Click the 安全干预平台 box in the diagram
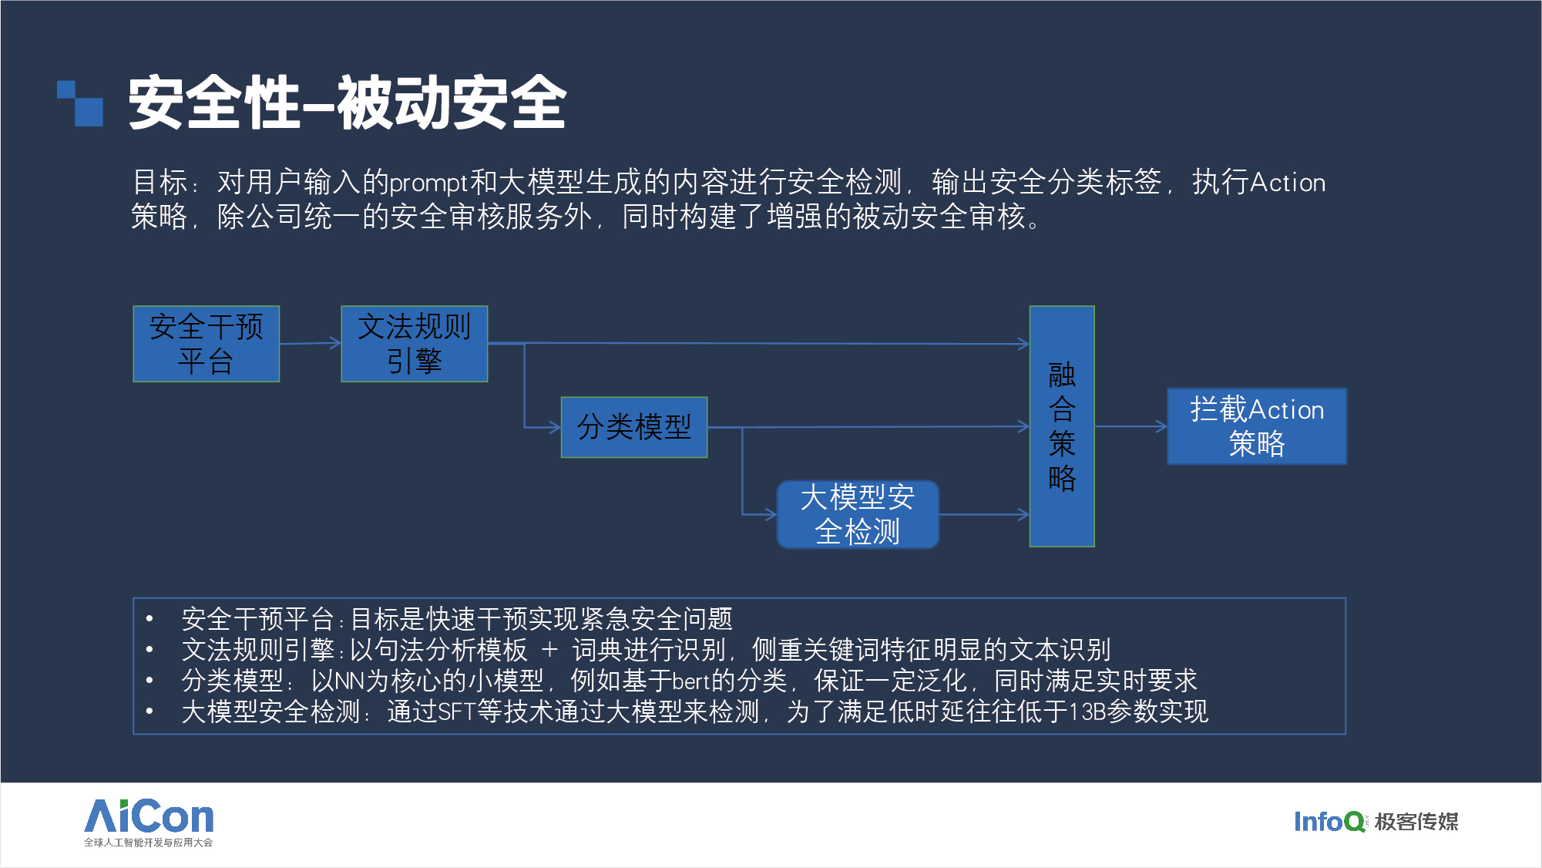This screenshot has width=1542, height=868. (x=206, y=344)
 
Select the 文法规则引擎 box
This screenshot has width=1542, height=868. (x=415, y=344)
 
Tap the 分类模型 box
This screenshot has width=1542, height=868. (x=634, y=427)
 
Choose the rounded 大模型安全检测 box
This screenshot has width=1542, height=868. (x=858, y=515)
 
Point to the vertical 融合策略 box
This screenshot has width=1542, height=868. (x=1062, y=426)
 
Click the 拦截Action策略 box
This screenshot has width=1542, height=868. (x=1257, y=426)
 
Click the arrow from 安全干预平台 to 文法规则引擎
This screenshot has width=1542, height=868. (x=310, y=343)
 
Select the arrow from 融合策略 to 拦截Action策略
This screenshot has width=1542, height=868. (x=1131, y=426)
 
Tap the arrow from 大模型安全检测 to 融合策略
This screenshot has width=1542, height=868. (x=984, y=514)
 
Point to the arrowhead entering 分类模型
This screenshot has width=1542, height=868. (x=556, y=427)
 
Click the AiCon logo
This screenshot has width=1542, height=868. (x=149, y=822)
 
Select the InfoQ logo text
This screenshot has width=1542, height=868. (x=1329, y=822)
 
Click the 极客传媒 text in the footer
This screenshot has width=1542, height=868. (x=1416, y=822)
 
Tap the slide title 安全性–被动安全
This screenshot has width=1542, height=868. (x=348, y=103)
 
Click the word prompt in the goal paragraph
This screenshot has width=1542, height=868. (x=428, y=183)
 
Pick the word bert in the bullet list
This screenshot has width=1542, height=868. (x=691, y=681)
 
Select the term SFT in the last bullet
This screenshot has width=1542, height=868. (x=456, y=712)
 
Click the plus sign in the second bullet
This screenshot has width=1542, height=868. (x=549, y=650)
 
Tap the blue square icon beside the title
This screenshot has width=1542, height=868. (x=80, y=103)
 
